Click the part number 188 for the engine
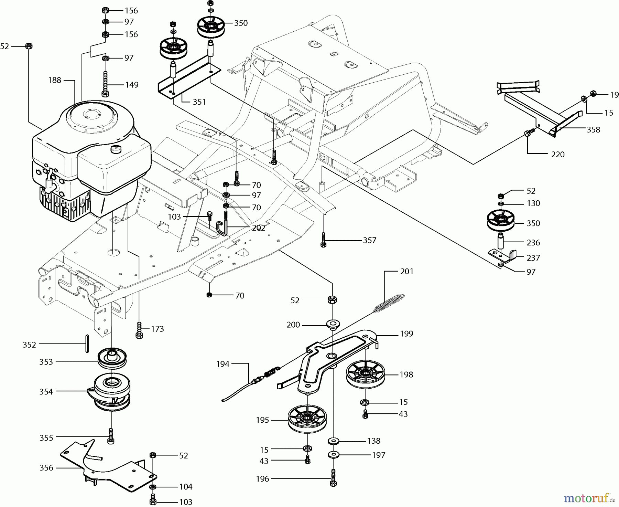pos(55,80)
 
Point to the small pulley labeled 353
pos(112,358)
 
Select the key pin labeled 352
pos(87,344)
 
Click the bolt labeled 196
pos(333,478)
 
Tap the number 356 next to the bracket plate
pos(46,468)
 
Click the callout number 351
pos(199,102)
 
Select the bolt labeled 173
pos(139,329)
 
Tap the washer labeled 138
pos(333,441)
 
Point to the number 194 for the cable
pos(223,364)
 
